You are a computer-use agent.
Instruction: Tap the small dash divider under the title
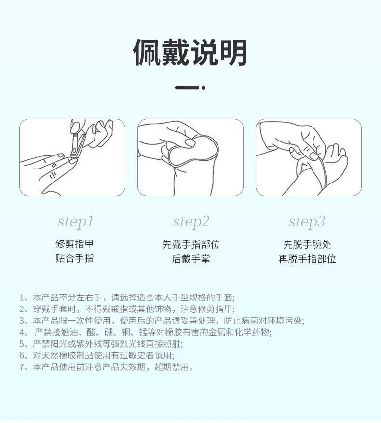click(x=190, y=88)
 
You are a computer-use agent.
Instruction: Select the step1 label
click(x=75, y=222)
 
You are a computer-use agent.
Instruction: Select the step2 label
click(x=191, y=222)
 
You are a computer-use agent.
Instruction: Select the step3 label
click(x=307, y=222)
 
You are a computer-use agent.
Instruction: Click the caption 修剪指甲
click(x=74, y=244)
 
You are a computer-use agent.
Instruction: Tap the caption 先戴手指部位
click(x=191, y=244)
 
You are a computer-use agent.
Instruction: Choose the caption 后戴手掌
click(x=191, y=259)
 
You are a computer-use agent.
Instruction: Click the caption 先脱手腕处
click(x=307, y=244)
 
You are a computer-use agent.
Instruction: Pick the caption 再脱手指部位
click(x=307, y=259)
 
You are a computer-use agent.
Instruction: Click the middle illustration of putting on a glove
click(x=190, y=157)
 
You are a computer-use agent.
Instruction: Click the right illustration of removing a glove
click(x=308, y=157)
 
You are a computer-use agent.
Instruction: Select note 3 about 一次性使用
click(x=162, y=321)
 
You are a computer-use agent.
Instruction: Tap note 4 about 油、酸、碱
click(x=145, y=332)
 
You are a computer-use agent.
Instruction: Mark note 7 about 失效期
click(x=107, y=367)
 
